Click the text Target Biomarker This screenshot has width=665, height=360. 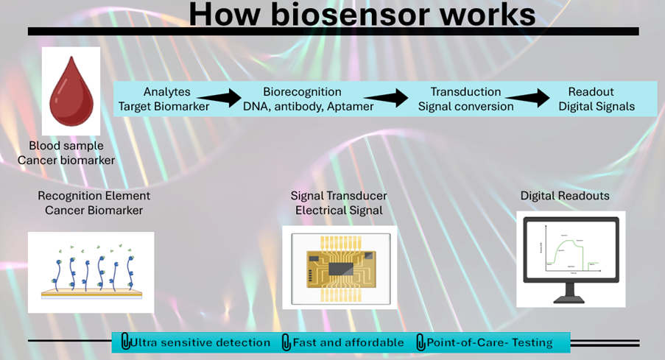click(x=163, y=106)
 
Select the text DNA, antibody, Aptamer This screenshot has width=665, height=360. click(x=308, y=106)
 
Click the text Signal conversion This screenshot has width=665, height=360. click(x=465, y=106)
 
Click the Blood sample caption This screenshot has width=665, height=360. click(x=66, y=146)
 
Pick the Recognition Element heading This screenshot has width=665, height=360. click(x=94, y=196)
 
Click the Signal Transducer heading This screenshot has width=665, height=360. click(x=339, y=196)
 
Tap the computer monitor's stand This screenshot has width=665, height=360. click(x=571, y=296)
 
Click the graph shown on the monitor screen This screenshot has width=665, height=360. click(x=570, y=250)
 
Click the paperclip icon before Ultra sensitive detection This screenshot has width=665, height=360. click(x=125, y=342)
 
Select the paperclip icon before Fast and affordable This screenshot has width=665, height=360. click(x=286, y=342)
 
